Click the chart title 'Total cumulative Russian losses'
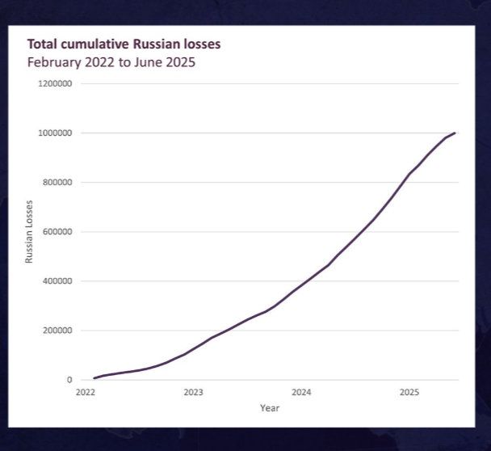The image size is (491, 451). tap(124, 44)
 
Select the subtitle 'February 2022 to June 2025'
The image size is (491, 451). tap(111, 61)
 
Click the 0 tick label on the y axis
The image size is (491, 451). tap(69, 380)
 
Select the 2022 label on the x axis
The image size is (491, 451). tap(86, 393)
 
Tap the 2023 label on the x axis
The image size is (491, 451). tap(193, 393)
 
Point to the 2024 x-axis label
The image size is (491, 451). tap(301, 393)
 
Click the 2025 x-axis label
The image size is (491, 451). tap(409, 393)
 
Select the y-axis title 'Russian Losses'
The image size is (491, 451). tap(29, 231)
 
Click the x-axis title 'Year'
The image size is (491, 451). tap(270, 408)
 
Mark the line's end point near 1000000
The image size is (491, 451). tap(455, 133)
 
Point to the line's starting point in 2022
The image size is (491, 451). tap(94, 378)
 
